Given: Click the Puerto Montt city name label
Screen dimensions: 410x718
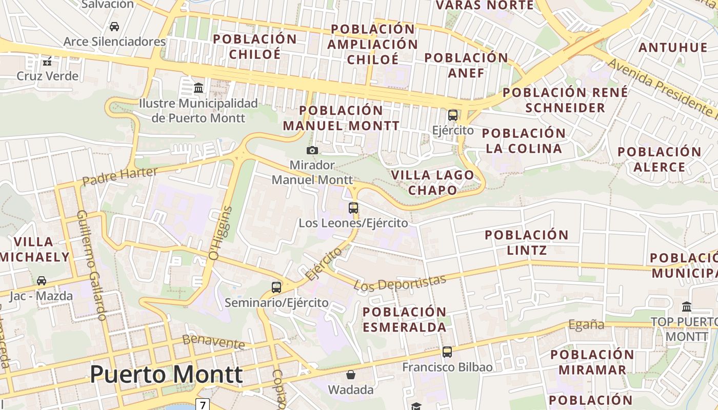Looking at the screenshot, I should (166, 374).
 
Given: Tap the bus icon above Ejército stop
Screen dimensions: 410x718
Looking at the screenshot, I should (453, 115).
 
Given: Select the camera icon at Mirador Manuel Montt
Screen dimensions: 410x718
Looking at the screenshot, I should (312, 150).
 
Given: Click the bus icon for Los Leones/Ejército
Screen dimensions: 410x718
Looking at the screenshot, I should (353, 208).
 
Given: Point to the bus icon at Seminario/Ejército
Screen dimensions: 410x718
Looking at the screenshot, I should (276, 288).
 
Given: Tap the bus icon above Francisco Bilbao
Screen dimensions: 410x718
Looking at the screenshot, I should (447, 352).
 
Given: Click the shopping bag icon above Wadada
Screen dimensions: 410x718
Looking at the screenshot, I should (351, 375).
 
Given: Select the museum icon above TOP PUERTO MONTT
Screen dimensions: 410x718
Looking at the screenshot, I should (687, 307).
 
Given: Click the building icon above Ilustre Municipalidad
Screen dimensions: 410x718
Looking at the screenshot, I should (198, 88).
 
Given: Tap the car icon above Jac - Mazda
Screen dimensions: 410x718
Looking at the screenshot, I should (42, 281).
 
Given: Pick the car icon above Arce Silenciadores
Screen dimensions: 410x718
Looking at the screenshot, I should (114, 26).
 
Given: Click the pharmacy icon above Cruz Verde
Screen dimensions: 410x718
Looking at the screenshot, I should (47, 61).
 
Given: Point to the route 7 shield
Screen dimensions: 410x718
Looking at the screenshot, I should (203, 405).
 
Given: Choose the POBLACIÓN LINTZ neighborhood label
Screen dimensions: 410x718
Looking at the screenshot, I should (527, 242).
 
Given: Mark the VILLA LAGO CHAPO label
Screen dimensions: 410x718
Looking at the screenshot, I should (433, 182).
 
